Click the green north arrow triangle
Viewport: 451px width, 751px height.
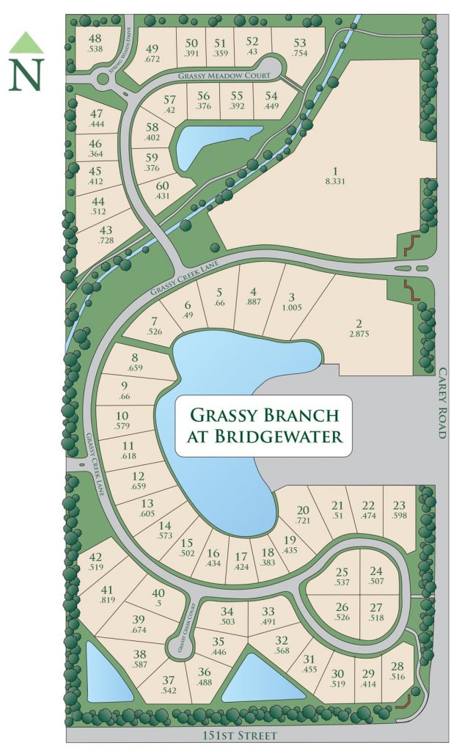click(x=26, y=43)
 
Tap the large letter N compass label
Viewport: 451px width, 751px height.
click(x=26, y=74)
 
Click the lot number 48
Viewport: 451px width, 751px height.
click(x=95, y=39)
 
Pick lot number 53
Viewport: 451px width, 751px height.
click(x=299, y=42)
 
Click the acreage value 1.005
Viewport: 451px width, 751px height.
click(x=292, y=308)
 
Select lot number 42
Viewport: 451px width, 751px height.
click(x=95, y=557)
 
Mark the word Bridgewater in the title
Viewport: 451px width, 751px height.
click(x=256, y=436)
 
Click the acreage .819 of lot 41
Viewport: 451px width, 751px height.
click(x=108, y=600)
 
